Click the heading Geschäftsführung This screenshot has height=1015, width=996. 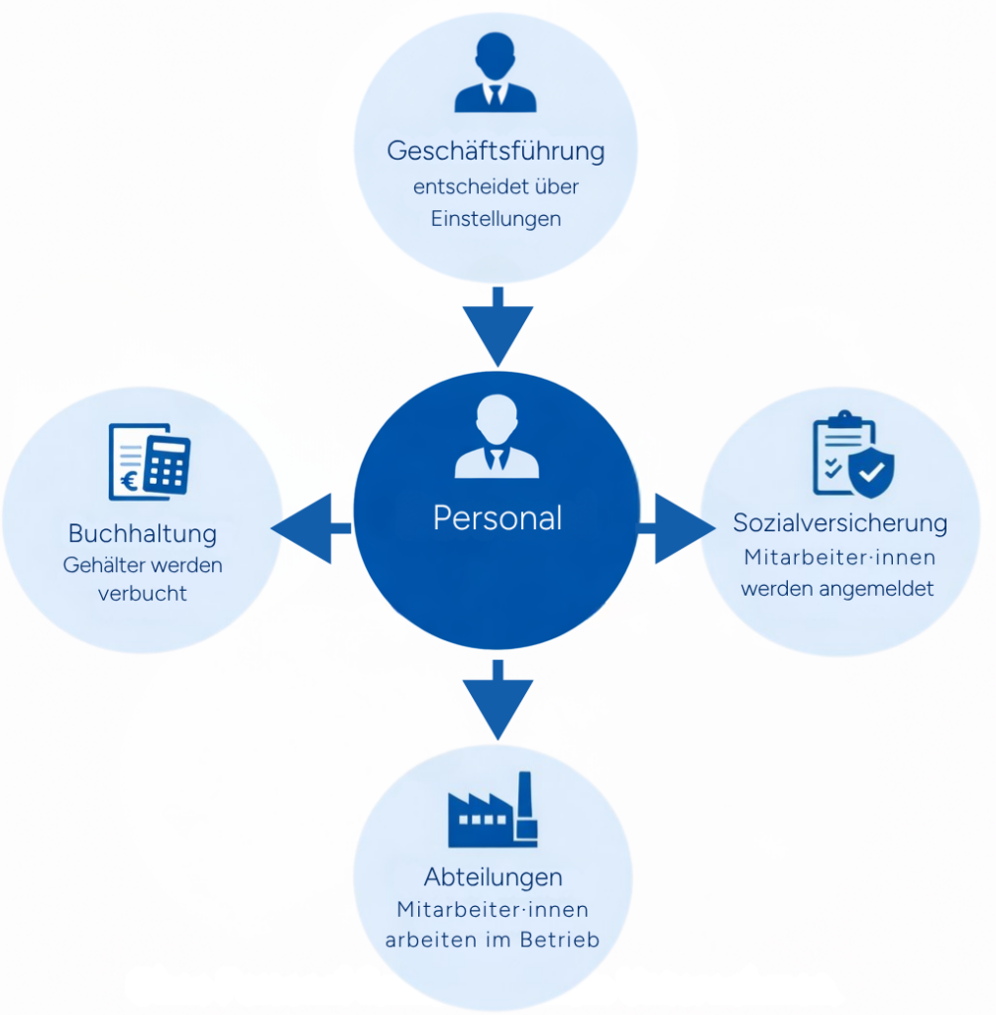(496, 152)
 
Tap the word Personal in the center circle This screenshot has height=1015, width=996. (498, 517)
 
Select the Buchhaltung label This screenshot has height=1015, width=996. (143, 533)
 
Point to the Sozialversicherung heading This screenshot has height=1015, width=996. (840, 522)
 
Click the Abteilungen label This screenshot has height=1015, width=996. (494, 877)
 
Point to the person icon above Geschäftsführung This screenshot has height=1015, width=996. (495, 73)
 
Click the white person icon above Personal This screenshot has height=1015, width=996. (497, 437)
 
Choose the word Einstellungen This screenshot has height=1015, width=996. (496, 219)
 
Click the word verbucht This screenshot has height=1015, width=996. (143, 594)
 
